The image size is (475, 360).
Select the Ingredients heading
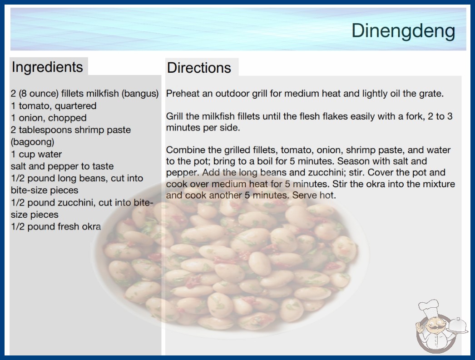(x=47, y=67)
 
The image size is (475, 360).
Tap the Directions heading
(x=199, y=68)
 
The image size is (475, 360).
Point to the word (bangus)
(x=140, y=94)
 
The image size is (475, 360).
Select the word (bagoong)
(x=32, y=142)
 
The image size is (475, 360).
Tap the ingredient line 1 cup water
(x=36, y=154)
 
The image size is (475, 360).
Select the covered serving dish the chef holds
(x=458, y=326)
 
